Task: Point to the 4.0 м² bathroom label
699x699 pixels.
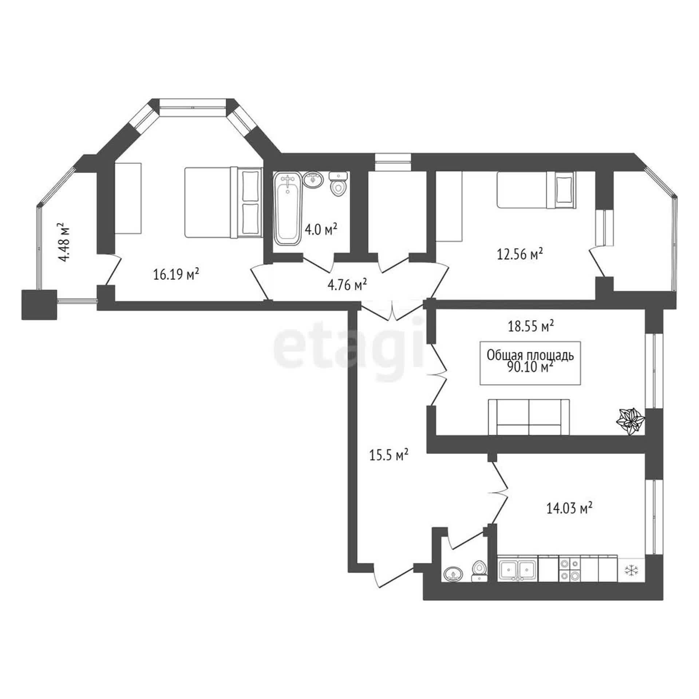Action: [321, 230]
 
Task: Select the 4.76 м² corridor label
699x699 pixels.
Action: [347, 285]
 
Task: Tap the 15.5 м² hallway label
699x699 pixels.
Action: [388, 455]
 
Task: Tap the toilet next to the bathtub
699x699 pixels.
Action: [338, 183]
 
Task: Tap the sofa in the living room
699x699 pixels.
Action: [529, 417]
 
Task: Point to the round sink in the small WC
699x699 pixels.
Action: [454, 574]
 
